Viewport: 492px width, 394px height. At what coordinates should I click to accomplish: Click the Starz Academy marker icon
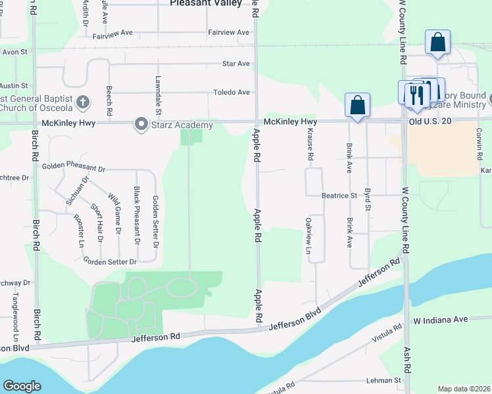pos(141,124)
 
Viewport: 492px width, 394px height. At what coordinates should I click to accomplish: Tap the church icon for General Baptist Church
pos(82,102)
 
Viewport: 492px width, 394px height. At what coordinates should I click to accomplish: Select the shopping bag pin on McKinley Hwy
pos(357,105)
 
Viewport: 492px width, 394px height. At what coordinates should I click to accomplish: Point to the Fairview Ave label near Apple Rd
pos(229,32)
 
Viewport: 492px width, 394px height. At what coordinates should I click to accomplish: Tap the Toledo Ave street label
pos(231,93)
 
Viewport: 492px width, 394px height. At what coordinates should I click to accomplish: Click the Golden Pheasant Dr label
pos(73,168)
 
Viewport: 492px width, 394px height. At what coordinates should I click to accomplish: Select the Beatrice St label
pos(339,196)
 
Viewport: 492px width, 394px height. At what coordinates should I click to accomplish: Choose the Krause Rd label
pos(309,144)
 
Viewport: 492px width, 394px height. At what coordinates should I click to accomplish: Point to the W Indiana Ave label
pos(440,319)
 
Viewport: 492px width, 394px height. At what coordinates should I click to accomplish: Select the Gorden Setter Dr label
pos(110,261)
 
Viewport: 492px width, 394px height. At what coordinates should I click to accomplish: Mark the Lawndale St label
pos(158,92)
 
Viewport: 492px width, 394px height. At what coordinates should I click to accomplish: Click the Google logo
pos(22,386)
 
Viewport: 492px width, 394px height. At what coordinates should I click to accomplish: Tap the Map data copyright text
pos(464,389)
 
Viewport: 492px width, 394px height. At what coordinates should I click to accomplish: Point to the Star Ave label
pos(236,64)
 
